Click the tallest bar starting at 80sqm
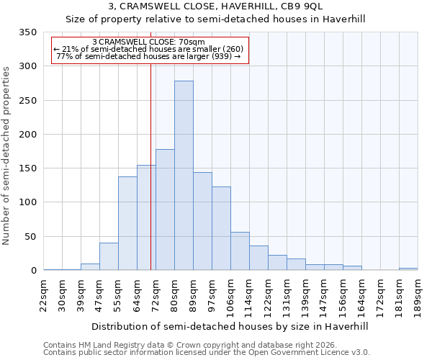(184, 176)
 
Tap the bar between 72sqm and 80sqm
(165, 210)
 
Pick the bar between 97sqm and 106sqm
(221, 228)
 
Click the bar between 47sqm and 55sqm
(109, 256)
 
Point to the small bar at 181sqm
(408, 269)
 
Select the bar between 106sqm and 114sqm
(240, 251)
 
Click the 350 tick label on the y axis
(27, 32)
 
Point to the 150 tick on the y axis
(27, 168)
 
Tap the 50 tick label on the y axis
(30, 236)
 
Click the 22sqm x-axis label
(44, 295)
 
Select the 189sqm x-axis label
(418, 295)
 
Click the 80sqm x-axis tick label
(175, 295)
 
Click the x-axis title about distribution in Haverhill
(230, 326)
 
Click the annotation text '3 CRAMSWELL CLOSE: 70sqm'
(149, 42)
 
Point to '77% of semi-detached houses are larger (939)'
(149, 56)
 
